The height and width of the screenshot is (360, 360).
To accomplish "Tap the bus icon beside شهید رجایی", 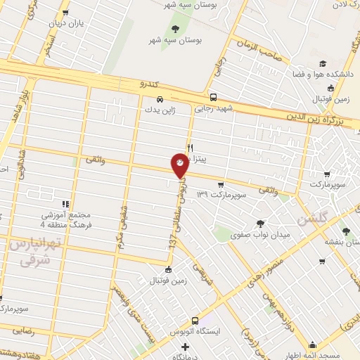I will tap(213, 98).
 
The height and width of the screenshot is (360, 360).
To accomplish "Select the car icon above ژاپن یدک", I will tap(161, 99).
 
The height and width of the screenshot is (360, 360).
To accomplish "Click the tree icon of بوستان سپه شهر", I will tap(174, 29).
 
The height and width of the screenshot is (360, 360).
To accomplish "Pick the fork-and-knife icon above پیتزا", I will tap(189, 148).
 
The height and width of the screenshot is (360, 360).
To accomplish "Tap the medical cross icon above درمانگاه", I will tap(185, 347).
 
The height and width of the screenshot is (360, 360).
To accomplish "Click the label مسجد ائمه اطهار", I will tap(331, 356).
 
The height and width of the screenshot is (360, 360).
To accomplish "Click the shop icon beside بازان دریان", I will tap(65, 13).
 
